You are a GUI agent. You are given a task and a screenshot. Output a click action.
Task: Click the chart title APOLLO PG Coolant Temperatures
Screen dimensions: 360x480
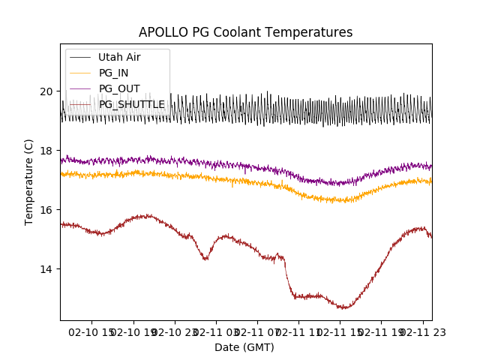[x=245, y=33]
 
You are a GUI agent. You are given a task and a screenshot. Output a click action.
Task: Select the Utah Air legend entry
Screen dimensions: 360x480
[x=119, y=57]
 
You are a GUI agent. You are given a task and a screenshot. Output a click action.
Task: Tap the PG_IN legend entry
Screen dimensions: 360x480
[x=113, y=73]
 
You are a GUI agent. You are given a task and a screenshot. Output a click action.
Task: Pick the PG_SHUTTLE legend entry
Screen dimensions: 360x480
[x=132, y=104]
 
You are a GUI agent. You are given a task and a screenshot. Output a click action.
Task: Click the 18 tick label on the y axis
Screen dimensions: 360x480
[x=46, y=151]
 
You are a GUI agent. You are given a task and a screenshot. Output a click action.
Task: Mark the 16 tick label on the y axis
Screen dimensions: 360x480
[x=46, y=210]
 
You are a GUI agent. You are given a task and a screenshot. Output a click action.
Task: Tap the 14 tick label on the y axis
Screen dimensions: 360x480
[x=46, y=269]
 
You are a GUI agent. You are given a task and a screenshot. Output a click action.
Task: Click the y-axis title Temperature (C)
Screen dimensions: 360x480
[x=30, y=182]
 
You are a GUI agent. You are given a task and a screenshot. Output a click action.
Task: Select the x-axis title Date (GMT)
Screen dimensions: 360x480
[x=244, y=347]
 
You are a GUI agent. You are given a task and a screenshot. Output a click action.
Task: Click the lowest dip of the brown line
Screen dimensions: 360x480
[x=344, y=307]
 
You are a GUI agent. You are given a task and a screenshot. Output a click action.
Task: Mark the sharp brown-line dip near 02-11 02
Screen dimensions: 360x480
[x=205, y=259]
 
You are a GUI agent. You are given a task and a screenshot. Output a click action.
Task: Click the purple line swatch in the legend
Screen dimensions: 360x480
[x=80, y=88]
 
